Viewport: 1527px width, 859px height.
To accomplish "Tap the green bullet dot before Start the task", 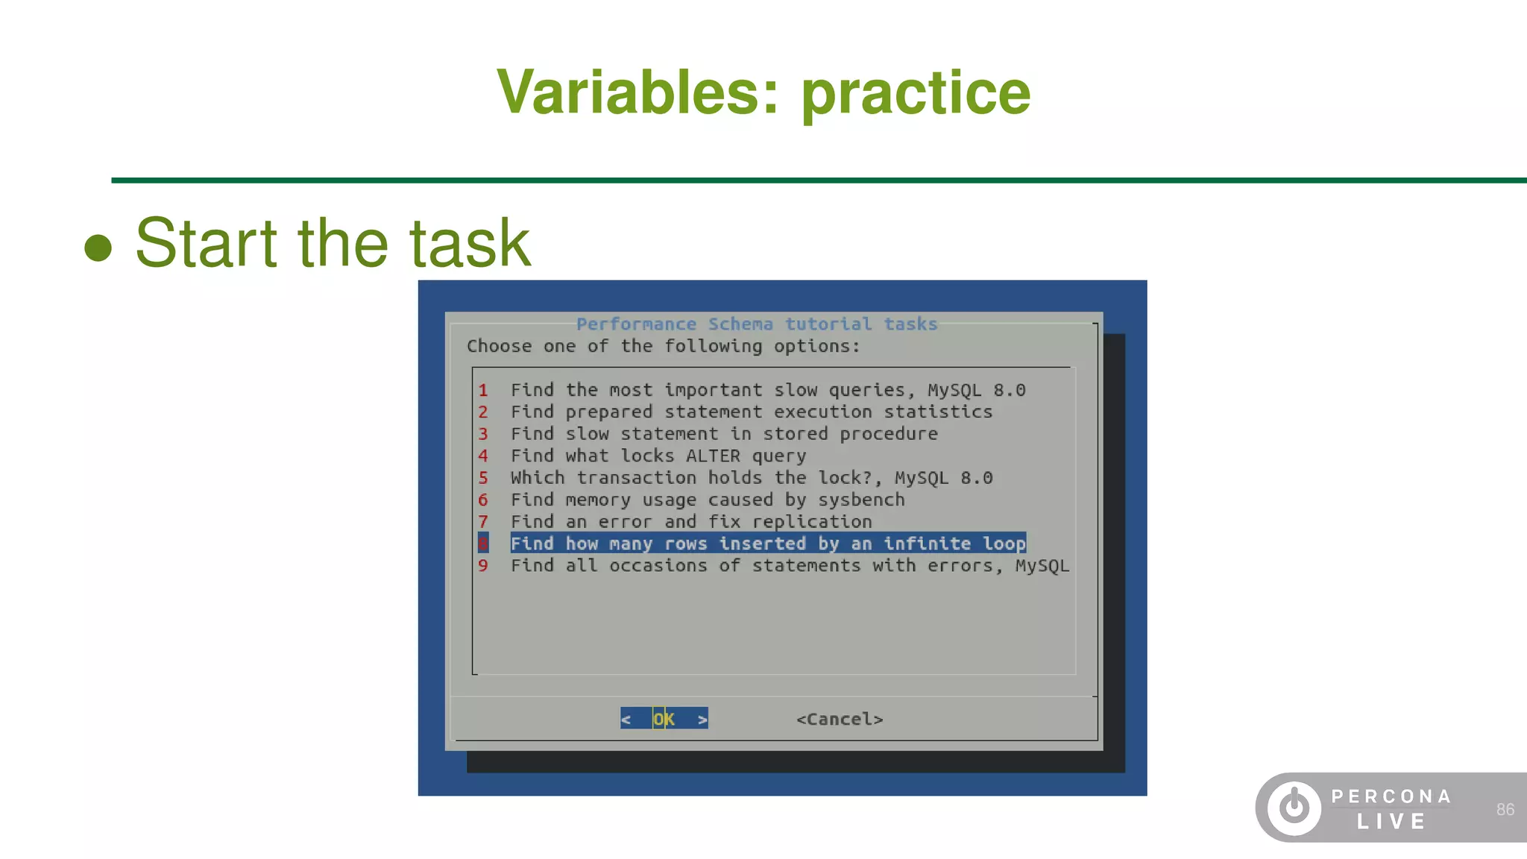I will point(98,248).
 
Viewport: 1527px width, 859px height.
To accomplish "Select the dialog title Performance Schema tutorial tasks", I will point(756,324).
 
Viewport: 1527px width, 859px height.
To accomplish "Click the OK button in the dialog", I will point(664,719).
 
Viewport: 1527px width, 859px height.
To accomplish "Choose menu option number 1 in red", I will point(483,390).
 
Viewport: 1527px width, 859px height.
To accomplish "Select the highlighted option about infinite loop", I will point(768,544).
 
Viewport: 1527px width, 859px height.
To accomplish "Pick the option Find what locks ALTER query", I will point(658,456).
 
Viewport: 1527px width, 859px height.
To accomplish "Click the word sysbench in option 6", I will point(861,500).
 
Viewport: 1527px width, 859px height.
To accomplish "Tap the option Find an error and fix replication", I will point(690,522).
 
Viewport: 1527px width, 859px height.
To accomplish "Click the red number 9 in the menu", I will point(483,566).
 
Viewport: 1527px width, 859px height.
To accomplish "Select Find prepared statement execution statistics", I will point(751,412).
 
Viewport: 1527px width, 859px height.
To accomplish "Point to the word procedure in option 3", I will point(888,434).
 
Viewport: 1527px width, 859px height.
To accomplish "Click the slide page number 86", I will point(1505,810).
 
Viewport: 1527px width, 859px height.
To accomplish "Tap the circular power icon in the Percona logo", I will point(1294,808).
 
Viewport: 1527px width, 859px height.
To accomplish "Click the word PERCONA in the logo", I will point(1391,796).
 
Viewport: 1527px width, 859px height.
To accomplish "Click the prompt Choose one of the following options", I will point(663,346).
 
